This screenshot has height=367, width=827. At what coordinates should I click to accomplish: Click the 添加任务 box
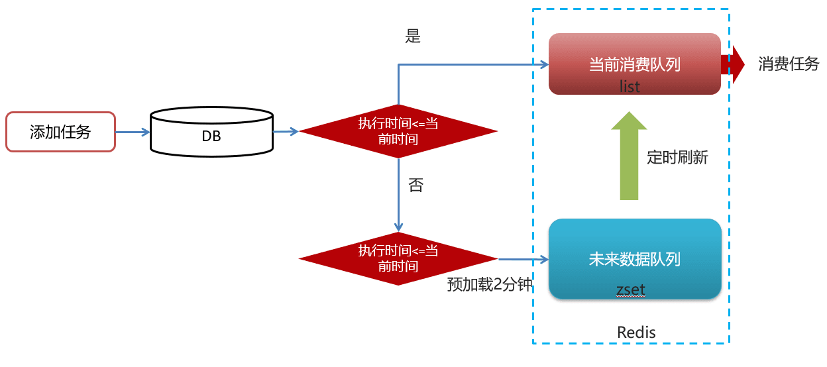[x=60, y=132]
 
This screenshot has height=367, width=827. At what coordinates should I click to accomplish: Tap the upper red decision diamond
[x=398, y=131]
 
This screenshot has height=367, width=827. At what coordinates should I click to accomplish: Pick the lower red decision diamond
[x=398, y=258]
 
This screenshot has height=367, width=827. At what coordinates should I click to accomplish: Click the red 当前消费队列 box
[x=634, y=64]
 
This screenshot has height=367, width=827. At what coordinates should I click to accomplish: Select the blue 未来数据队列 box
[x=634, y=258]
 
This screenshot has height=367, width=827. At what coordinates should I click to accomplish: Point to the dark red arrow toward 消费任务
[x=733, y=64]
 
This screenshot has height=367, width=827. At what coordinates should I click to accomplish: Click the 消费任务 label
[x=789, y=64]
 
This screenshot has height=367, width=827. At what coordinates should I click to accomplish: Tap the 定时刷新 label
[x=677, y=158]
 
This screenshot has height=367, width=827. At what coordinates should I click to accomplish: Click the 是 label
[x=413, y=36]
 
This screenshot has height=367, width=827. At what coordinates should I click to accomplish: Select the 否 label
[x=415, y=185]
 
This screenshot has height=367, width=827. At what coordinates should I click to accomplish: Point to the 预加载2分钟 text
[x=490, y=284]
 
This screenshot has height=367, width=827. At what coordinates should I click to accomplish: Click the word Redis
[x=636, y=332]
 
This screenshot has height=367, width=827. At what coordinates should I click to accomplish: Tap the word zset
[x=630, y=289]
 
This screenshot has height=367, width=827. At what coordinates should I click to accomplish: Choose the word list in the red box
[x=630, y=87]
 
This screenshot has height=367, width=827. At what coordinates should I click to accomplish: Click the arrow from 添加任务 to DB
[x=133, y=132]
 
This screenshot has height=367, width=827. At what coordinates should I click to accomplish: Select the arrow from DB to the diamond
[x=286, y=131]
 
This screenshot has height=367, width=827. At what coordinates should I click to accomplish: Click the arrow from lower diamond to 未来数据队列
[x=524, y=259]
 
